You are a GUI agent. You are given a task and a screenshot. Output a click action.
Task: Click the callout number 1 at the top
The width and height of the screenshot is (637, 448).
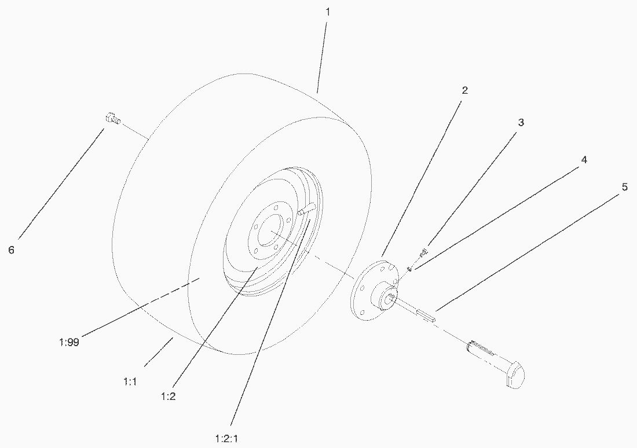point(327,12)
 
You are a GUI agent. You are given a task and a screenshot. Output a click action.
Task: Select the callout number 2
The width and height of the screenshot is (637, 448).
point(465,90)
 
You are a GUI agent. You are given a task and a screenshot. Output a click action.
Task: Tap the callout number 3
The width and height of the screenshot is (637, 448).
point(521,122)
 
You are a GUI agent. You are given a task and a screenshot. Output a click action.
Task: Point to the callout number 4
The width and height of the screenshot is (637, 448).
point(584,160)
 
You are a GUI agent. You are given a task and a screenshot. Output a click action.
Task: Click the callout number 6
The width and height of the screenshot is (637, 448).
point(12,250)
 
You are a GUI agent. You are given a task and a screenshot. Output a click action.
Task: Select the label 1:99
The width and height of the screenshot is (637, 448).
point(69,342)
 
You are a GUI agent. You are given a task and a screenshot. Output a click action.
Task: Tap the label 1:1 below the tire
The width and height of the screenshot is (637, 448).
point(130,381)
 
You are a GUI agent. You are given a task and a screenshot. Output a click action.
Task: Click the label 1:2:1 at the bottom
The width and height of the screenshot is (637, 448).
point(226,439)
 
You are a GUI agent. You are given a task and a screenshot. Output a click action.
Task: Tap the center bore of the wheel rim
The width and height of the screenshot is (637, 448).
point(269,230)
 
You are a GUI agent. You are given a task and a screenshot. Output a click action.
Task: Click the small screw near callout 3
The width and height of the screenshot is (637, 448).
point(423,252)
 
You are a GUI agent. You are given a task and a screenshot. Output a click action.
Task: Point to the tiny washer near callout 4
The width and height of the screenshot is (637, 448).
point(410,269)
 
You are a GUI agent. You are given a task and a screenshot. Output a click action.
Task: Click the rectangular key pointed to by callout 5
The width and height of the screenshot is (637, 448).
point(426,315)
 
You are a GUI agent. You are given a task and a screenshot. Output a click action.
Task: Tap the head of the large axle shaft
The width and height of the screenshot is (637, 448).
point(515,375)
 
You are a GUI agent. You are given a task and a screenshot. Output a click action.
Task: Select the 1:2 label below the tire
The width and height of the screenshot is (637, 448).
point(168,396)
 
